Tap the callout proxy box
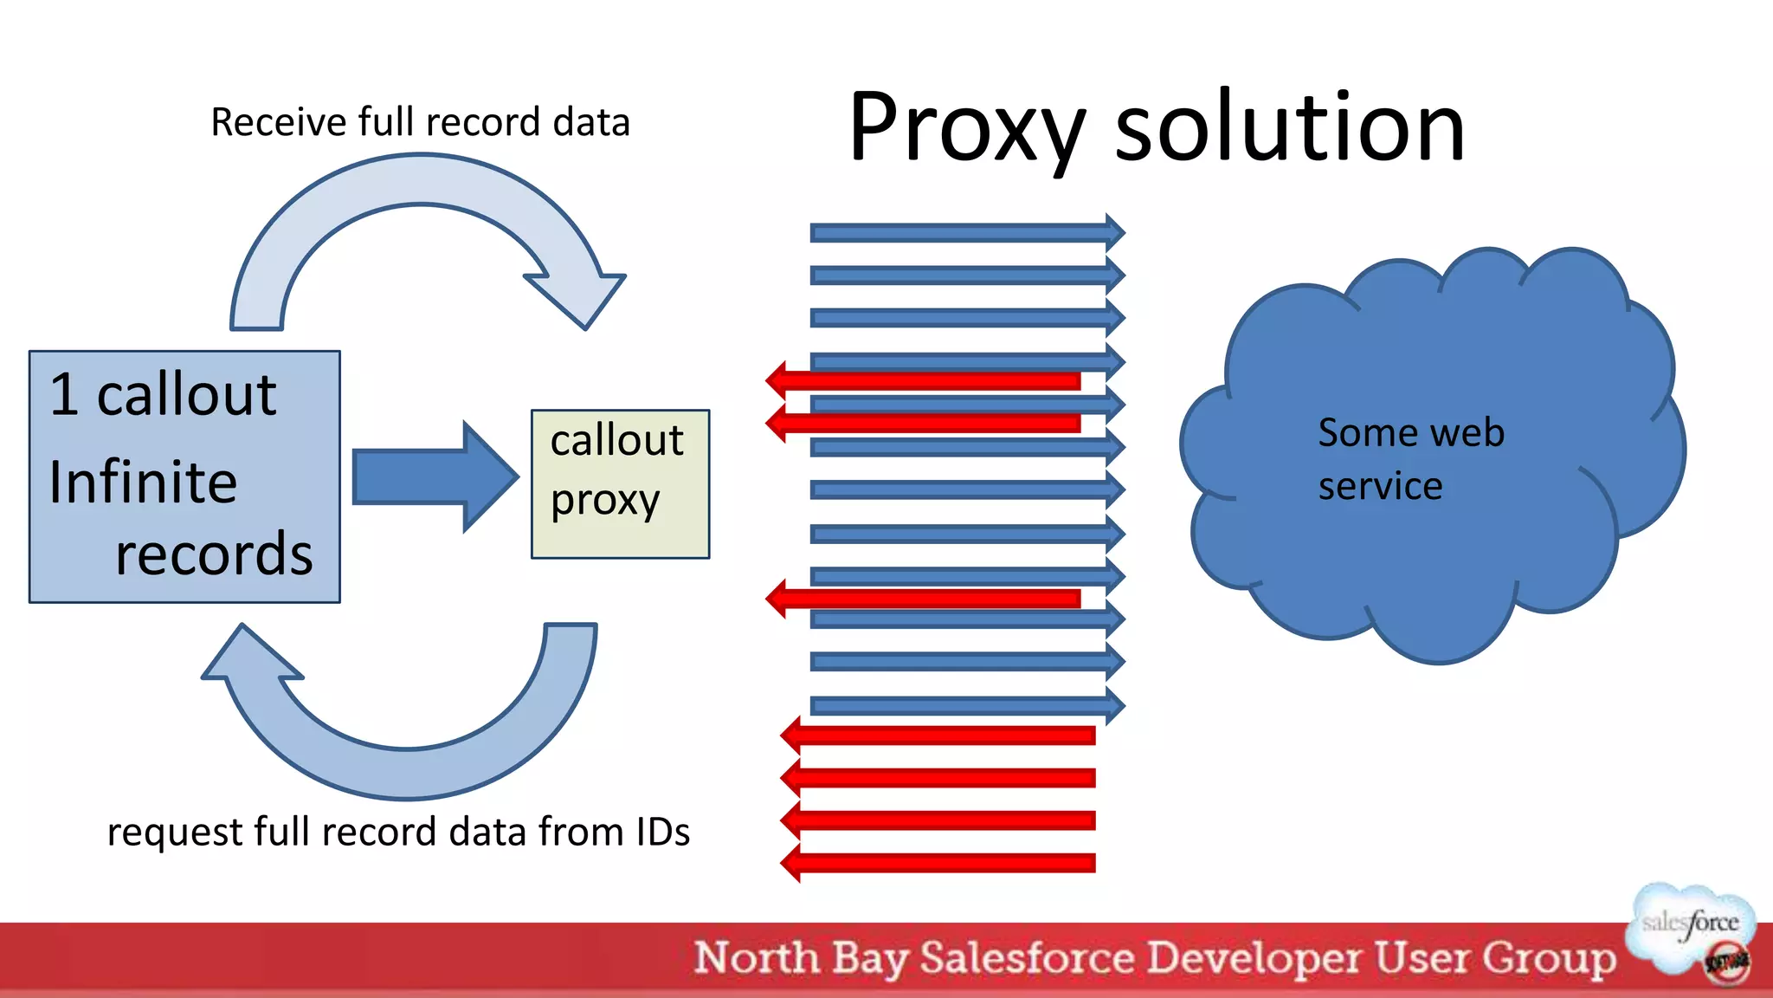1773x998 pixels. pyautogui.click(x=620, y=483)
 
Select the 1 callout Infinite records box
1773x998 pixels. pyautogui.click(x=184, y=476)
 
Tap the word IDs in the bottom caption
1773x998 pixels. pyautogui.click(x=662, y=832)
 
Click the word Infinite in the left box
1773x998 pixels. pyautogui.click(x=143, y=483)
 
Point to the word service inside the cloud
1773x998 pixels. pyautogui.click(x=1380, y=486)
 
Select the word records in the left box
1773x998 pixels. pyautogui.click(x=214, y=554)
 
